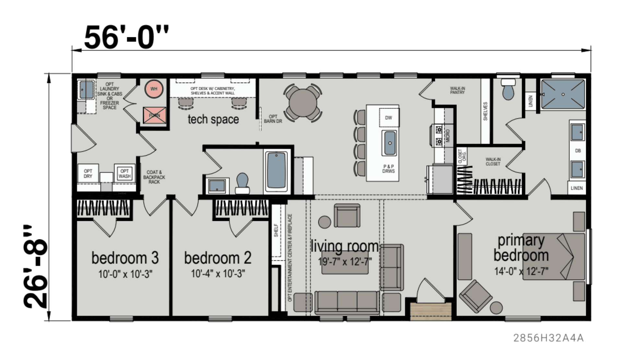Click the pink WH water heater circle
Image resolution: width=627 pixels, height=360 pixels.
pyautogui.click(x=154, y=89)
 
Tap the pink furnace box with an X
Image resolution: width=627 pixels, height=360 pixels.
pyautogui.click(x=155, y=115)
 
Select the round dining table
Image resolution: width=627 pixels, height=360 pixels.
pyautogui.click(x=303, y=103)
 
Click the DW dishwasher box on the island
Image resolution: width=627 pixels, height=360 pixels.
pyautogui.click(x=389, y=118)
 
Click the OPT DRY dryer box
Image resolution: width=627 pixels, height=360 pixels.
pyautogui.click(x=88, y=174)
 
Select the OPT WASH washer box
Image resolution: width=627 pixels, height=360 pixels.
pyautogui.click(x=124, y=174)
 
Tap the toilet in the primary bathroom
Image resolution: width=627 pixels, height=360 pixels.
pyautogui.click(x=508, y=89)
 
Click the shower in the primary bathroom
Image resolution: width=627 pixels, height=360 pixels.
pyautogui.click(x=563, y=94)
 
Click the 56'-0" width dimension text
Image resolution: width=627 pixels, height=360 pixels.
pyautogui.click(x=126, y=38)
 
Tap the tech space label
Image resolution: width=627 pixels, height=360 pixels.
pyautogui.click(x=213, y=119)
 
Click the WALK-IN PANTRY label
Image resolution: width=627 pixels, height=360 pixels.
pyautogui.click(x=457, y=90)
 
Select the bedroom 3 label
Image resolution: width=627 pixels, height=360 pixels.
pyautogui.click(x=125, y=258)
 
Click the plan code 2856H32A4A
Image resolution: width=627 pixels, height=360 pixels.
pyautogui.click(x=548, y=338)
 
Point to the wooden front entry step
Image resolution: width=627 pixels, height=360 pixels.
pyautogui.click(x=431, y=312)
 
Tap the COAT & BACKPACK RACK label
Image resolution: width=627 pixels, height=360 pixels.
pyautogui.click(x=154, y=177)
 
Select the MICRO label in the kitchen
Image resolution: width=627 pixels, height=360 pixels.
pyautogui.click(x=448, y=135)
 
